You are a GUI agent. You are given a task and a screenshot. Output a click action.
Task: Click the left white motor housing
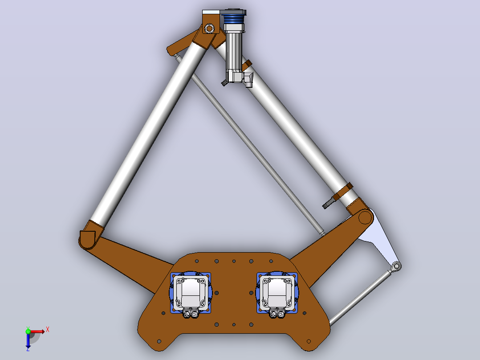(x=190, y=293)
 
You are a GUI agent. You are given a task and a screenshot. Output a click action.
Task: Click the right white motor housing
(x=277, y=293)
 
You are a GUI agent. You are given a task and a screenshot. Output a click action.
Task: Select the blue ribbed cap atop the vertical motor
(x=234, y=18)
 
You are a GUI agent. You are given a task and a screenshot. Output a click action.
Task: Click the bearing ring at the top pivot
(x=209, y=29)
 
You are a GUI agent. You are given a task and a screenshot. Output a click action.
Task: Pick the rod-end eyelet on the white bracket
(x=396, y=266)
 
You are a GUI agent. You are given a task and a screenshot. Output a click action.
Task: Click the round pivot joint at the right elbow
(x=365, y=217)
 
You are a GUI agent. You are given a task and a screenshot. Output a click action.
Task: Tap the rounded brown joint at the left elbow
(x=88, y=238)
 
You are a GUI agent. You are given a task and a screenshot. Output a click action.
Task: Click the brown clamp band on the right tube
(x=343, y=192)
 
